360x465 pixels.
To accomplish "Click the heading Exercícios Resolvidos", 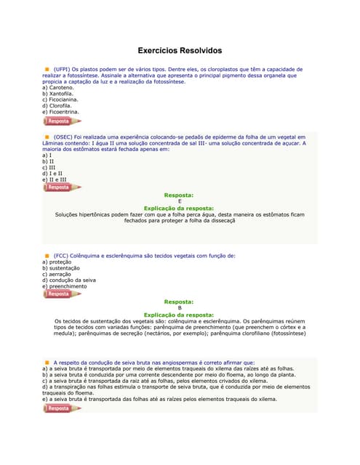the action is (180, 51).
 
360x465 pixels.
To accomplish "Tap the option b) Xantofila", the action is (59, 94).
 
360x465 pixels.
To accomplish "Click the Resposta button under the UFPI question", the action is (61, 121).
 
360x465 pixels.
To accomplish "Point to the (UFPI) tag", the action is (65, 69).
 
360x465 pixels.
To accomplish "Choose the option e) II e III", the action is (55, 179).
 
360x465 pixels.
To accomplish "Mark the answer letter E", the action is (180, 201).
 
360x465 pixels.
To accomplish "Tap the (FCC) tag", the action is (63, 256).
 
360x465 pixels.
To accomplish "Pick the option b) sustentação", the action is (63, 268).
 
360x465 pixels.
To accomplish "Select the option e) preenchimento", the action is (65, 286).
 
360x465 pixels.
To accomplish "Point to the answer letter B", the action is (180, 307).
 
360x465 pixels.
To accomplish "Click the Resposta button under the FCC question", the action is (61, 294).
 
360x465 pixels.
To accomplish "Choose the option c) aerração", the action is (59, 274).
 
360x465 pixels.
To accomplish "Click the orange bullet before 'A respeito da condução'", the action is (47, 362).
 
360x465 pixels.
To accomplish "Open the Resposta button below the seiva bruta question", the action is (61, 408).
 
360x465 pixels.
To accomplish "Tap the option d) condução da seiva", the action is (69, 280).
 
